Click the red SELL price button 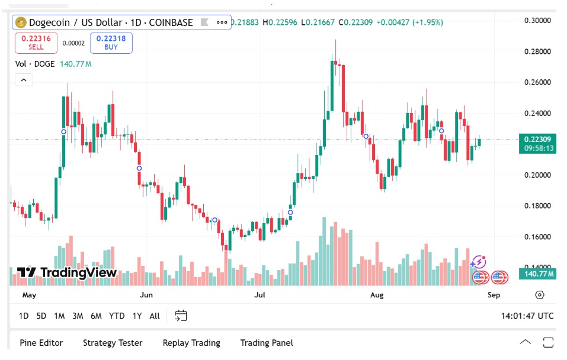(36, 43)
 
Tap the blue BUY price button (111, 43)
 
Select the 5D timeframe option (41, 316)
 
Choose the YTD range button (117, 316)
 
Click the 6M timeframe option (96, 316)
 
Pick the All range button (155, 316)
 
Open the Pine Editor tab (41, 343)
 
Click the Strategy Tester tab (113, 343)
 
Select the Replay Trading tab (191, 343)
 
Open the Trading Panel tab (266, 343)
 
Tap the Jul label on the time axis (259, 294)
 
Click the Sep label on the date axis (494, 294)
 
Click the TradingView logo (66, 272)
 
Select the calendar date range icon (181, 316)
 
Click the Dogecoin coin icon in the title (23, 22)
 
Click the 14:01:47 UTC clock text (527, 316)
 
